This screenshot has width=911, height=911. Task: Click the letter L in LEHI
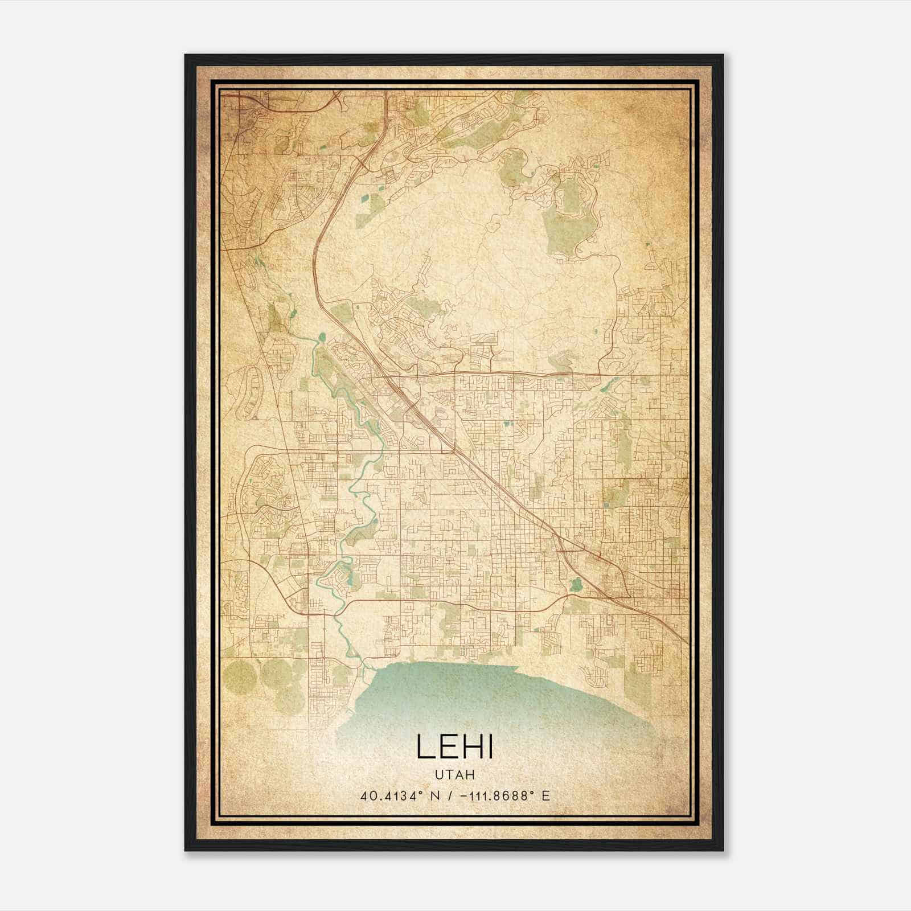pyautogui.click(x=425, y=746)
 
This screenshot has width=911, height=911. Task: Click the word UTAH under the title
pyautogui.click(x=455, y=774)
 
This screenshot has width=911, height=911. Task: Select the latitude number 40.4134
pyautogui.click(x=384, y=795)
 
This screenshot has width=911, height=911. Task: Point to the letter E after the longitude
pyautogui.click(x=546, y=795)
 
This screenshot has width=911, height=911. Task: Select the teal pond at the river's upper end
pyautogui.click(x=322, y=337)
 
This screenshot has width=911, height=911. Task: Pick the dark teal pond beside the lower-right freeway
pyautogui.click(x=575, y=584)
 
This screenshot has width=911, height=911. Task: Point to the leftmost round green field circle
pyautogui.click(x=240, y=675)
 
